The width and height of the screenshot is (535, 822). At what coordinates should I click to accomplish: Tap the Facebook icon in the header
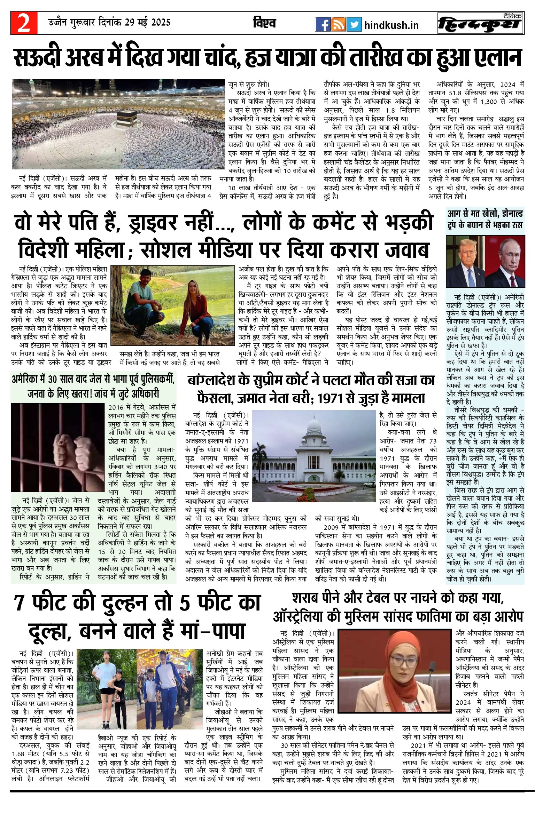(323, 24)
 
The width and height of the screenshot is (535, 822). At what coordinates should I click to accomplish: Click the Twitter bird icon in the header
(354, 24)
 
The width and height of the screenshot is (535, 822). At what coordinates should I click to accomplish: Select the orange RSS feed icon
(338, 24)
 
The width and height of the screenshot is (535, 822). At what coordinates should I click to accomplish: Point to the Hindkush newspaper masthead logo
(481, 24)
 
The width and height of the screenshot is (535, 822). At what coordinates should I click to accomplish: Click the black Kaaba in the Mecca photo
(126, 120)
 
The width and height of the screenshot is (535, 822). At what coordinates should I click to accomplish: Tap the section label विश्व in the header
(264, 23)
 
